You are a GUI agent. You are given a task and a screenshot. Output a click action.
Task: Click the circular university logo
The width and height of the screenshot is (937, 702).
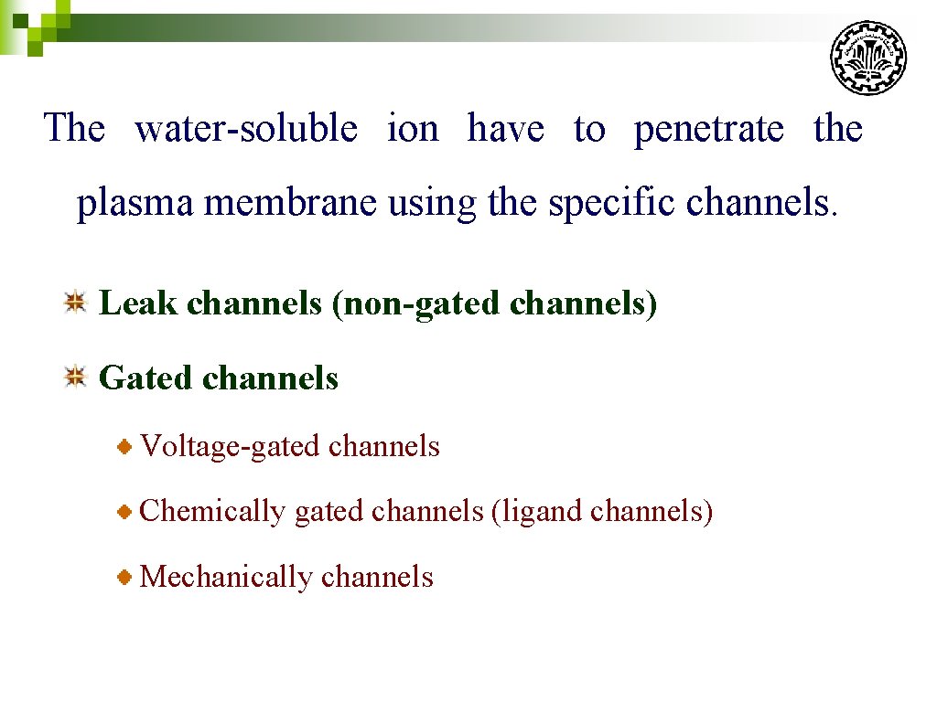pyautogui.click(x=867, y=58)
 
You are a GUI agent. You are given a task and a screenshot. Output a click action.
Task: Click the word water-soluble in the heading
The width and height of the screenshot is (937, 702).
pyautogui.click(x=246, y=128)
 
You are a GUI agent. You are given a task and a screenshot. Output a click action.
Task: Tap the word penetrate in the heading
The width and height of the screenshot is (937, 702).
pyautogui.click(x=708, y=129)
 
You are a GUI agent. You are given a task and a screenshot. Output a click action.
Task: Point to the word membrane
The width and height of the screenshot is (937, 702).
pyautogui.click(x=290, y=202)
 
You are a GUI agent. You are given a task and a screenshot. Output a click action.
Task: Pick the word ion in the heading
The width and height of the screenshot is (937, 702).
pyautogui.click(x=413, y=128)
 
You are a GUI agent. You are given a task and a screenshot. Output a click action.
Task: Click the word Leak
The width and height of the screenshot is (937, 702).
pyautogui.click(x=137, y=303)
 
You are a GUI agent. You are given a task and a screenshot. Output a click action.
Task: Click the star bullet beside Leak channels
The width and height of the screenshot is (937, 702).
pyautogui.click(x=75, y=302)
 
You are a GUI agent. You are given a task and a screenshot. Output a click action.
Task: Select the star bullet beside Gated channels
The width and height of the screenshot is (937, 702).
pyautogui.click(x=75, y=377)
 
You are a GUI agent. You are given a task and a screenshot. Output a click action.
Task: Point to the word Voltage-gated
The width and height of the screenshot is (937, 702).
pyautogui.click(x=230, y=446)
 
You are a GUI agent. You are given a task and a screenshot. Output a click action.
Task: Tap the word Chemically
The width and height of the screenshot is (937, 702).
pyautogui.click(x=212, y=511)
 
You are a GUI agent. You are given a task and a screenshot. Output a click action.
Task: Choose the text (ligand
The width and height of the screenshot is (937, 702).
pyautogui.click(x=537, y=511)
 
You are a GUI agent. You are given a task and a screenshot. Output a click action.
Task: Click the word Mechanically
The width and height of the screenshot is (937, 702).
pyautogui.click(x=226, y=577)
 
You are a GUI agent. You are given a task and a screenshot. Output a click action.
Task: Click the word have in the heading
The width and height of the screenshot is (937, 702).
pyautogui.click(x=505, y=128)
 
